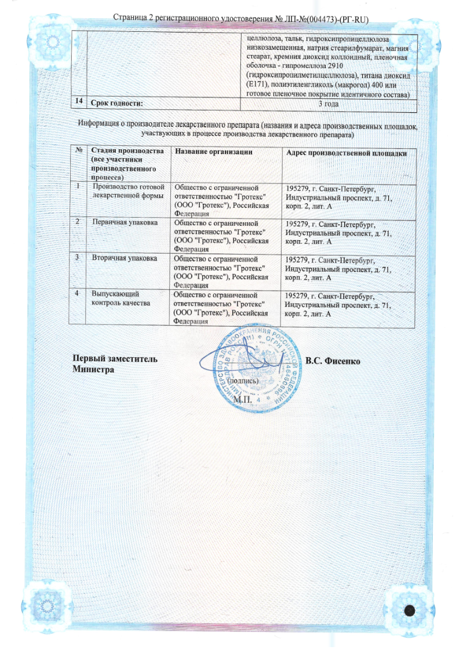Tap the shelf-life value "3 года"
[x=328, y=103]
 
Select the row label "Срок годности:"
[x=116, y=103]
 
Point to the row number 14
[x=77, y=102]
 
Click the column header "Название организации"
[x=214, y=152]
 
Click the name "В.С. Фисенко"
[x=333, y=361]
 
